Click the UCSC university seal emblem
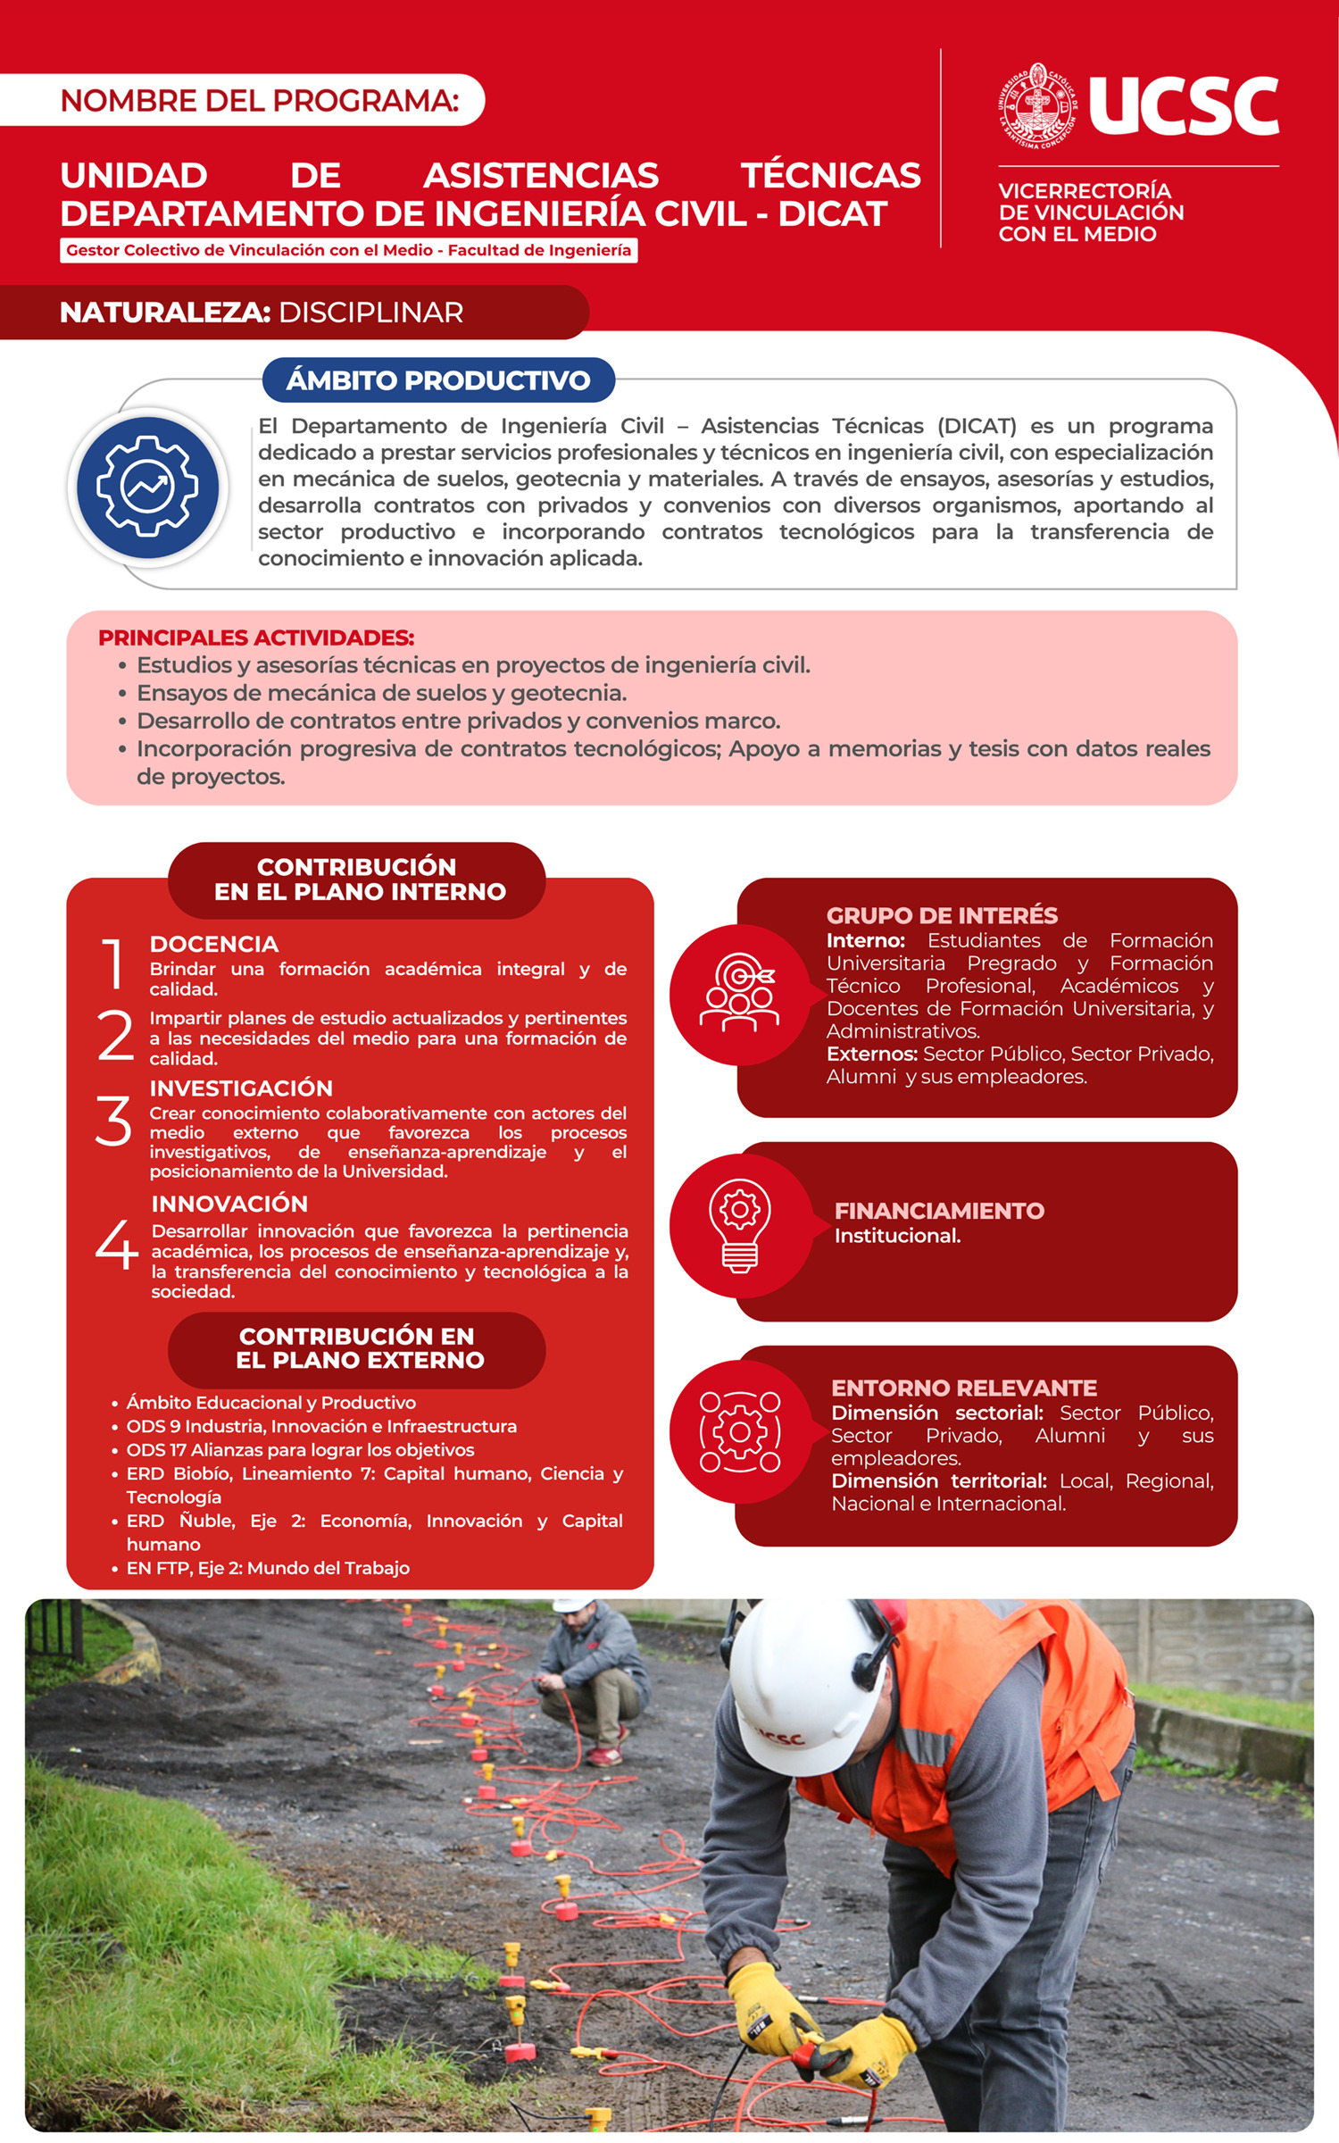1037,105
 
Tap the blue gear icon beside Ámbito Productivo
147,487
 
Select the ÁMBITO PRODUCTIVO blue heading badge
438,380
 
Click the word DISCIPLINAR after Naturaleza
370,313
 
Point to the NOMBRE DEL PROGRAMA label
259,100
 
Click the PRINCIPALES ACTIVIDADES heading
256,638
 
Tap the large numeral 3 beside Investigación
113,1121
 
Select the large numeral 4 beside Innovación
116,1244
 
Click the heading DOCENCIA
214,944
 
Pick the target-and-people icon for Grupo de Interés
739,994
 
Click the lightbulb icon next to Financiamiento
739,1225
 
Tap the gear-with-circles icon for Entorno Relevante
739,1431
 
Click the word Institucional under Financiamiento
897,1236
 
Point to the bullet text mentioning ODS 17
300,1450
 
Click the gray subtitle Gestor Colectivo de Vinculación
348,251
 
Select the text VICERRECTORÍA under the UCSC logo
1085,191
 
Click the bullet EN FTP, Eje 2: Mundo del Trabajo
268,1568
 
